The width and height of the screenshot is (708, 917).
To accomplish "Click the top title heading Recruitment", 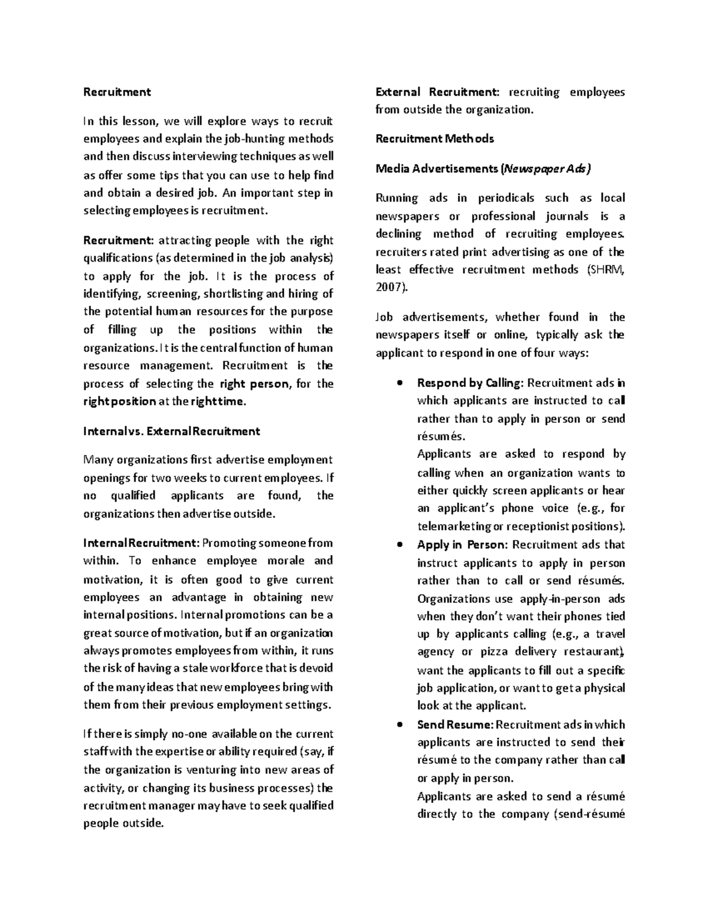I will point(117,92).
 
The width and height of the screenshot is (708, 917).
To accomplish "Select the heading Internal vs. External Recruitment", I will point(172,431).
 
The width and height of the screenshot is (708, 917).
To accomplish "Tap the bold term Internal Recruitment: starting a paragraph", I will point(142,543).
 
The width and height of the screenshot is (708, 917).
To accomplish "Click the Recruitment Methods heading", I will point(434,139).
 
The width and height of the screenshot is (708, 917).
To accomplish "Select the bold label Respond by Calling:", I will point(470,383).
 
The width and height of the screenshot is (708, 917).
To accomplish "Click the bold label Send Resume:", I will point(454,725).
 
